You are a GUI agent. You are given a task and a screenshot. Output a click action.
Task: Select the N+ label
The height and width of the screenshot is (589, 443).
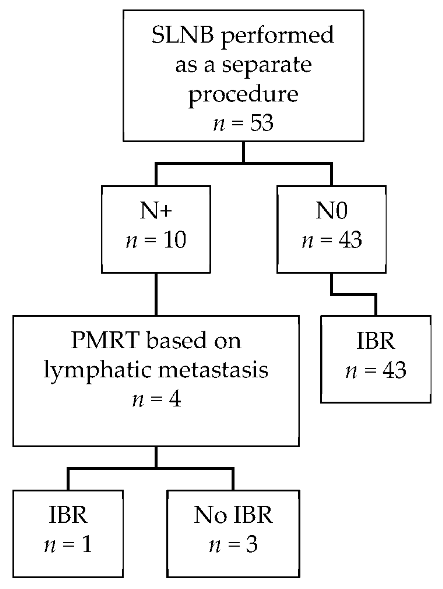[156, 211]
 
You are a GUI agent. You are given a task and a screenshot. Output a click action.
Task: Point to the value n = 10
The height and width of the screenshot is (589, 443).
[156, 240]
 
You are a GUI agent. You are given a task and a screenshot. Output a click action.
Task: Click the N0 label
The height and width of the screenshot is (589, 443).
[332, 211]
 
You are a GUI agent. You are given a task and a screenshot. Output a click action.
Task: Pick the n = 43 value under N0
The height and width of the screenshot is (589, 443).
[332, 240]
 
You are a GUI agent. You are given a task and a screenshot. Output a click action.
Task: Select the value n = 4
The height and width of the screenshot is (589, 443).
[157, 399]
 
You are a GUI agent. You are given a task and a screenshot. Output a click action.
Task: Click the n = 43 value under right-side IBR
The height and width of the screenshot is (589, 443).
[376, 371]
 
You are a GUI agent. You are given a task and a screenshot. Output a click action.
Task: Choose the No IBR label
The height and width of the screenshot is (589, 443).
[233, 515]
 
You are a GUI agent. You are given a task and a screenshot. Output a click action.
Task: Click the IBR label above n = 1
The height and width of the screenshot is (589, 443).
[68, 515]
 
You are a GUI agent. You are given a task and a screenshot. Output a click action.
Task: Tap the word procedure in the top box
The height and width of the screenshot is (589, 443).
[243, 95]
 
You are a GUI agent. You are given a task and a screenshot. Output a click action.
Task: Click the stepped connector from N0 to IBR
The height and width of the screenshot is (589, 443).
[353, 295]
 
